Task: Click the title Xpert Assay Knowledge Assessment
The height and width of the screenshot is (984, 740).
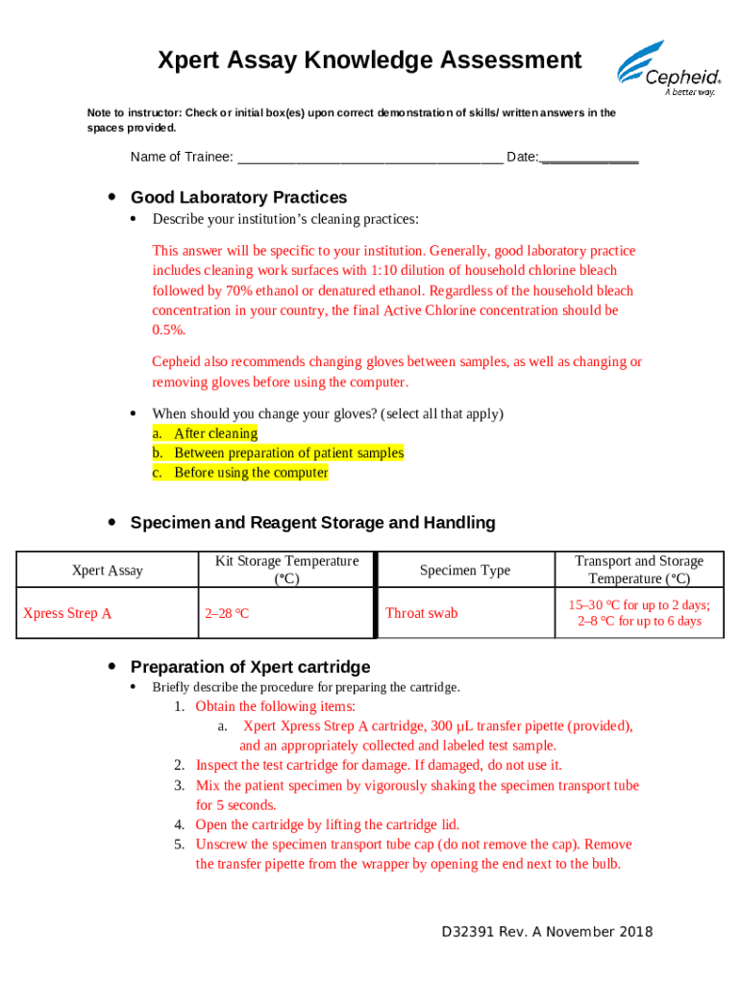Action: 370,61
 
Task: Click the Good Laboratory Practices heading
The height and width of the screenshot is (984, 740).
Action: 238,198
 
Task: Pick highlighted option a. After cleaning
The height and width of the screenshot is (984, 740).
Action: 215,433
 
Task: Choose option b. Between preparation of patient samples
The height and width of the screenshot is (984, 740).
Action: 288,453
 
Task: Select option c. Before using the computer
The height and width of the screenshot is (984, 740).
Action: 251,473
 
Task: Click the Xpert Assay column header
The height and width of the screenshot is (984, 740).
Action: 108,571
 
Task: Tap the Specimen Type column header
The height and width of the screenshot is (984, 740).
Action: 465,571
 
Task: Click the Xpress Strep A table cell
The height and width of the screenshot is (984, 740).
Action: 67,613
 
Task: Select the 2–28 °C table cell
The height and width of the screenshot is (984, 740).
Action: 227,613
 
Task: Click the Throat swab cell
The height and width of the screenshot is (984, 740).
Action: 422,613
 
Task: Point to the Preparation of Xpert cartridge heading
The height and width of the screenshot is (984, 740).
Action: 250,667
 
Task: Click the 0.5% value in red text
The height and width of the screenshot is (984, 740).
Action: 168,331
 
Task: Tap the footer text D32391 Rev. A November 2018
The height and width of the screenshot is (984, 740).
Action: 547,932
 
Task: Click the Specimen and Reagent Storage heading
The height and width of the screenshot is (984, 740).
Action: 312,523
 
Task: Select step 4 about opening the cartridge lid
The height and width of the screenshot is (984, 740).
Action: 327,824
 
